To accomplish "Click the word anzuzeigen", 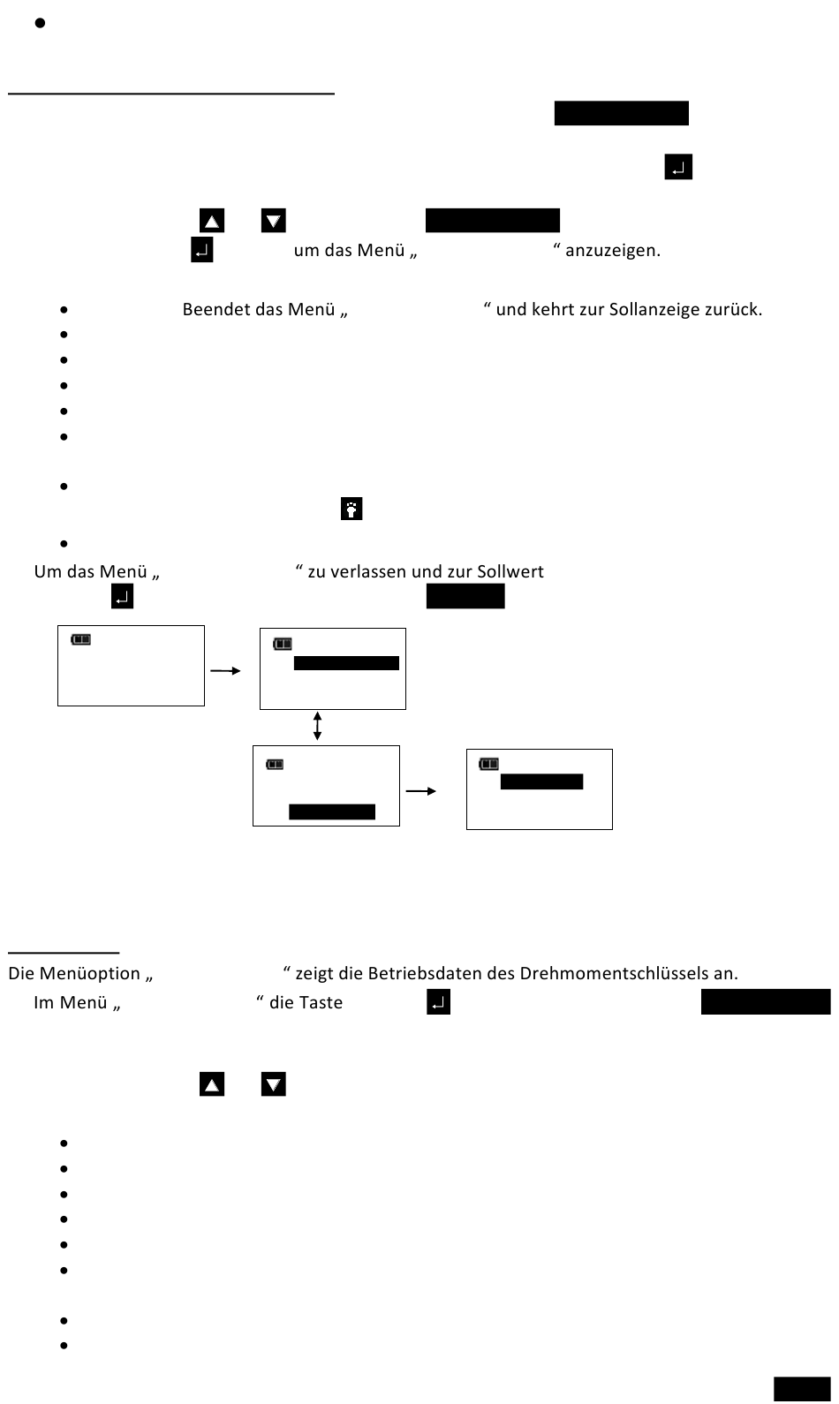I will [x=612, y=251].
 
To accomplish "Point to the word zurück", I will [x=736, y=310].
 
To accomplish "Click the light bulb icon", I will [x=351, y=510].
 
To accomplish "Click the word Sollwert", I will [x=510, y=571].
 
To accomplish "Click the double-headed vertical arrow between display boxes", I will [x=317, y=727].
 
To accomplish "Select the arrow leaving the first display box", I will [x=225, y=671].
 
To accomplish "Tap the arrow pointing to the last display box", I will [x=421, y=791].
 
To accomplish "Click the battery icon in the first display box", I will [x=81, y=639].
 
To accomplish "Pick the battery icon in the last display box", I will [x=489, y=764].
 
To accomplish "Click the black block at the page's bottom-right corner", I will [x=802, y=1389].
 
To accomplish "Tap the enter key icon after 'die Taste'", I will [x=439, y=1003].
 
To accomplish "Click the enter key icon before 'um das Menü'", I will [x=202, y=251].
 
